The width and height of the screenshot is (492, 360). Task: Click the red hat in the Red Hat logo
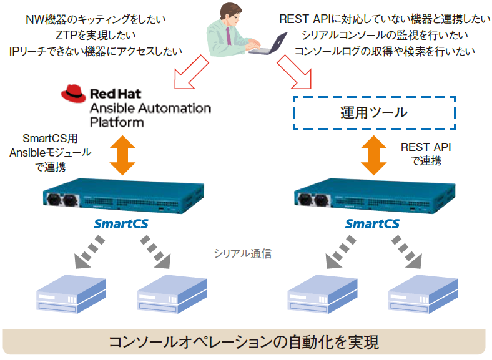coord(73,93)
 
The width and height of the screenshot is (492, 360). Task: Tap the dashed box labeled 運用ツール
coord(374,112)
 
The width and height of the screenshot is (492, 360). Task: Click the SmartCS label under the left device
coord(121,223)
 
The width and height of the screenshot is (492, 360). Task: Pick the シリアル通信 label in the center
coord(243,253)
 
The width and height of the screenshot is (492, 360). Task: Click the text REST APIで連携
coord(426,154)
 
